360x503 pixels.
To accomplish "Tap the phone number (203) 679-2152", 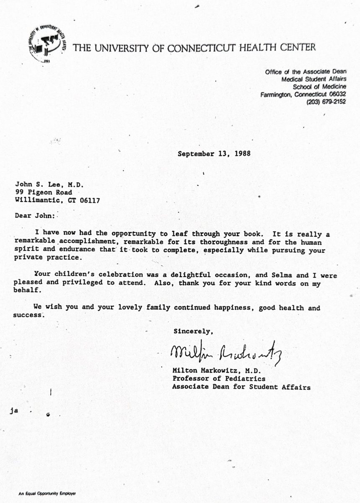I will click(x=325, y=102).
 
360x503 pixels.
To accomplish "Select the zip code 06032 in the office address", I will click(x=337, y=94).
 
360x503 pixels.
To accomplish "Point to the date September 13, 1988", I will click(x=214, y=153).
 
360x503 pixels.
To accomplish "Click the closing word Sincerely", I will click(x=193, y=332).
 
